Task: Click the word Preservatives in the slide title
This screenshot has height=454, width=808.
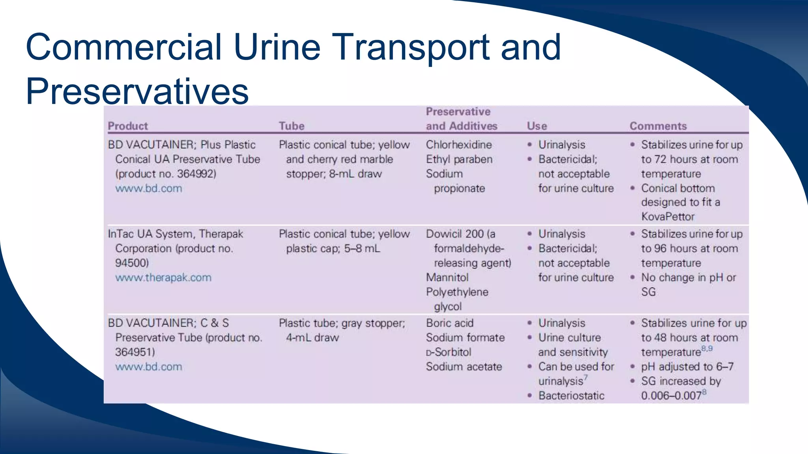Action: click(x=137, y=91)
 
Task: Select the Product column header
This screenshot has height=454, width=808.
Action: click(x=128, y=126)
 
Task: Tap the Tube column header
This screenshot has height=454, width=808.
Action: click(x=292, y=126)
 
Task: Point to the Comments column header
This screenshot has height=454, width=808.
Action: click(x=658, y=126)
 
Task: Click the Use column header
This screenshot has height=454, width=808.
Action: click(x=537, y=126)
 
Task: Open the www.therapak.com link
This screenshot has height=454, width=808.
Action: click(x=163, y=278)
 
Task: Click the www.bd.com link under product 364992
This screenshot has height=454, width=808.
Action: click(x=149, y=189)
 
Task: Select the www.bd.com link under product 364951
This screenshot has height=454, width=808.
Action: click(x=149, y=367)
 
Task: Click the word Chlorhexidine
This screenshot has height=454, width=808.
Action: click(x=458, y=145)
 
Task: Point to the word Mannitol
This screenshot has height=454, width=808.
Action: click(x=447, y=278)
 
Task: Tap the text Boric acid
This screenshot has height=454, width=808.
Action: click(x=449, y=323)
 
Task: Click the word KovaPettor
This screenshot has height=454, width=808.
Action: click(x=668, y=217)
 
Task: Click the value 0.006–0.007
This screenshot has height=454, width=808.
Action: click(x=671, y=396)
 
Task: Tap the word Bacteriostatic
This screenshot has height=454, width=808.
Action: click(x=571, y=396)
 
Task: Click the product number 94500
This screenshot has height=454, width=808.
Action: click(x=131, y=263)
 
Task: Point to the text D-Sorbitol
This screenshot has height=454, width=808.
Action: click(x=449, y=352)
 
